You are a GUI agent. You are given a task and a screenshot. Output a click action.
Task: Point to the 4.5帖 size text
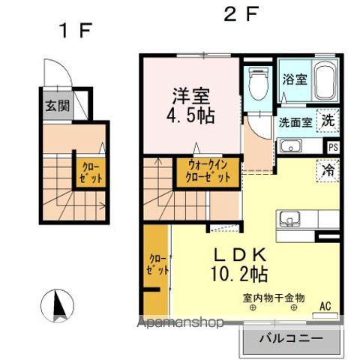192,117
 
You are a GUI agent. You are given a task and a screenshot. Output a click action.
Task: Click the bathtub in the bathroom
324,83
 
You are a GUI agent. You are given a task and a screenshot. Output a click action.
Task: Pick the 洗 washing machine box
328,119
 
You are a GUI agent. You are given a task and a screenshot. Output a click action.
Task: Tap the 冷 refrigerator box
328,169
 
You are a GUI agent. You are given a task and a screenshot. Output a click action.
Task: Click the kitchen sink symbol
289,220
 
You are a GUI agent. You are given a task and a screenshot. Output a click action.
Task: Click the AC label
325,305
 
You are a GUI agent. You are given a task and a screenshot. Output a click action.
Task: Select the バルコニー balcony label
292,339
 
